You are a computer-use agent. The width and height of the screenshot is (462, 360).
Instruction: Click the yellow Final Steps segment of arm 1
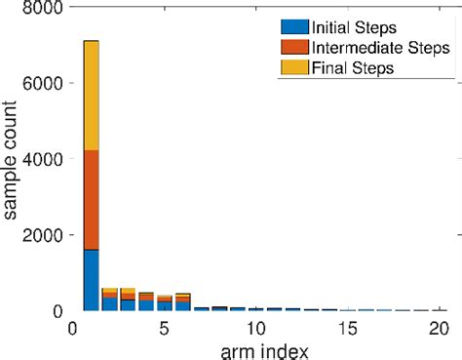click(91, 96)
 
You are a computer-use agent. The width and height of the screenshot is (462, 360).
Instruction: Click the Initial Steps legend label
click(355, 28)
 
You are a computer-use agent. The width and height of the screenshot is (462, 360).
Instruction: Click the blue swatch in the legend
click(294, 28)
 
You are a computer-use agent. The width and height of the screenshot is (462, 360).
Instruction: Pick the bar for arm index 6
click(182, 302)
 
